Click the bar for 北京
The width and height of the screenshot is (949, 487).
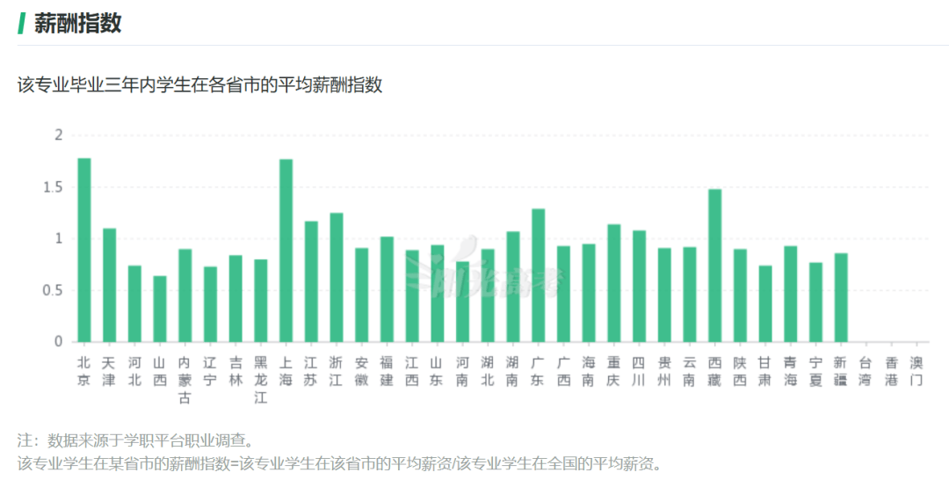coord(84,251)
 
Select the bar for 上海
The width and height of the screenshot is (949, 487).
coord(286,251)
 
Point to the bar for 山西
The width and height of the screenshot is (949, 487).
coord(160,309)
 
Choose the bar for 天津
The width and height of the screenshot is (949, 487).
coord(109,285)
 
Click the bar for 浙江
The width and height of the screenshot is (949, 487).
coord(336,277)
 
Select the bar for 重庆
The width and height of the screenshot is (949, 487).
coord(613,283)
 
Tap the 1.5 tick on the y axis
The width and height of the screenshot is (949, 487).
coord(54,187)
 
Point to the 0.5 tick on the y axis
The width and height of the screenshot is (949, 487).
coord(54,291)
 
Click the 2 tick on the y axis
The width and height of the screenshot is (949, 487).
coord(59,135)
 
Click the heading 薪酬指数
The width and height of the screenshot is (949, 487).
coord(77,24)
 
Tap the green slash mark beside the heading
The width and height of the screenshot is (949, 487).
coord(21,24)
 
